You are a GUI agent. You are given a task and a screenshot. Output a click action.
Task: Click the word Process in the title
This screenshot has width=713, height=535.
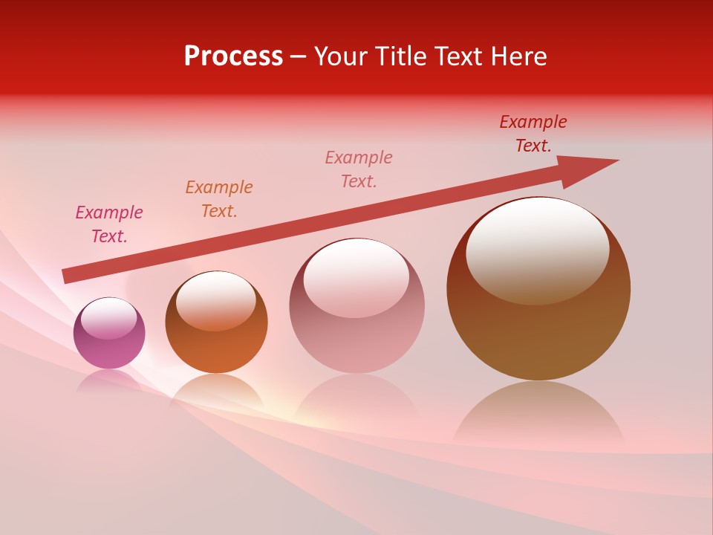pos(233,56)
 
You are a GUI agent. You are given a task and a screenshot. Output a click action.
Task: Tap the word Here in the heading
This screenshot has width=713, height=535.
pos(518,56)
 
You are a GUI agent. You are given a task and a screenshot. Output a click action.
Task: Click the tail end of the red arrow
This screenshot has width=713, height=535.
pos(67,276)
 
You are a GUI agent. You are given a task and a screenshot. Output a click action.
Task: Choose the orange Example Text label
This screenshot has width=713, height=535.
pos(219,199)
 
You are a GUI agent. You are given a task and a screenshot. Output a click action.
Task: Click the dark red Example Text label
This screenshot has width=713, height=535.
pos(533,134)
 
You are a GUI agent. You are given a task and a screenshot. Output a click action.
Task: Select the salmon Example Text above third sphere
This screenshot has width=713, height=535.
pos(359,169)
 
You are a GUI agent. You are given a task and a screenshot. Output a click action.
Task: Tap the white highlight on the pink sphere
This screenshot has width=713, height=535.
pos(108,319)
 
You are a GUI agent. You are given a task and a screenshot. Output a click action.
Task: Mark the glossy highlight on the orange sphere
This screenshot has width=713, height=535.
pos(215,299)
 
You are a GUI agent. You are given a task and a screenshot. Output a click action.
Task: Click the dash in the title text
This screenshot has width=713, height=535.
pos(298,57)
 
